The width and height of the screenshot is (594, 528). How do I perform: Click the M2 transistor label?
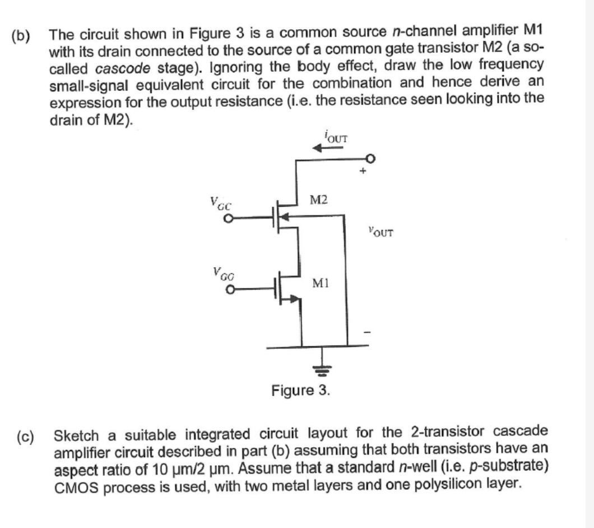(x=319, y=200)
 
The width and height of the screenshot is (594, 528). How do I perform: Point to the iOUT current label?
(x=336, y=136)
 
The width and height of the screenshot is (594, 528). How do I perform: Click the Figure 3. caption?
(x=300, y=389)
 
